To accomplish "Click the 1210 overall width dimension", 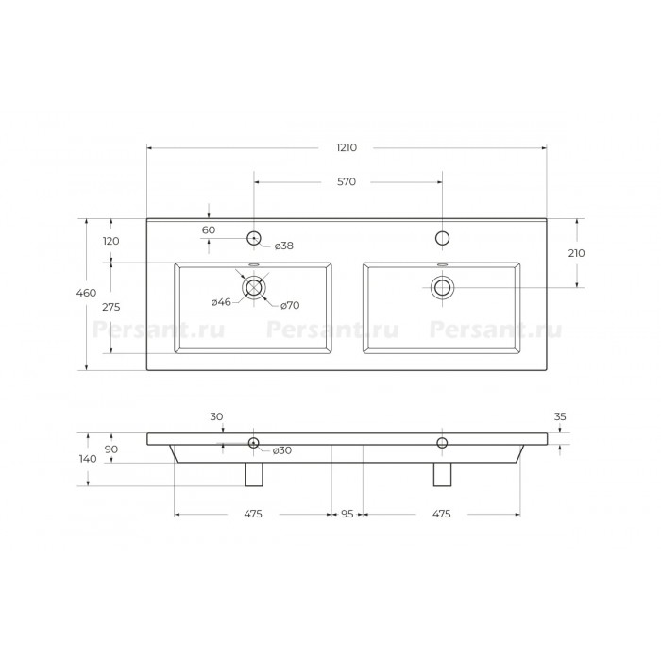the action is (x=347, y=147).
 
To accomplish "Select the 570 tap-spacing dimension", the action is (x=347, y=181).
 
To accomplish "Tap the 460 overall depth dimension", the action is (x=87, y=293).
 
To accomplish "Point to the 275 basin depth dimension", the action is (x=111, y=307).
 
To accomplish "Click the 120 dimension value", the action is (x=111, y=241).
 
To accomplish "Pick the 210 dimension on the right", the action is (x=576, y=253).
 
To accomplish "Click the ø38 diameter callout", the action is (x=283, y=246).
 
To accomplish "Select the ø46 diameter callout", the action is (x=221, y=302).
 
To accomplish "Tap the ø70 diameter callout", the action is (x=290, y=305).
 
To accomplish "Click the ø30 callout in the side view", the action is (x=282, y=450).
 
